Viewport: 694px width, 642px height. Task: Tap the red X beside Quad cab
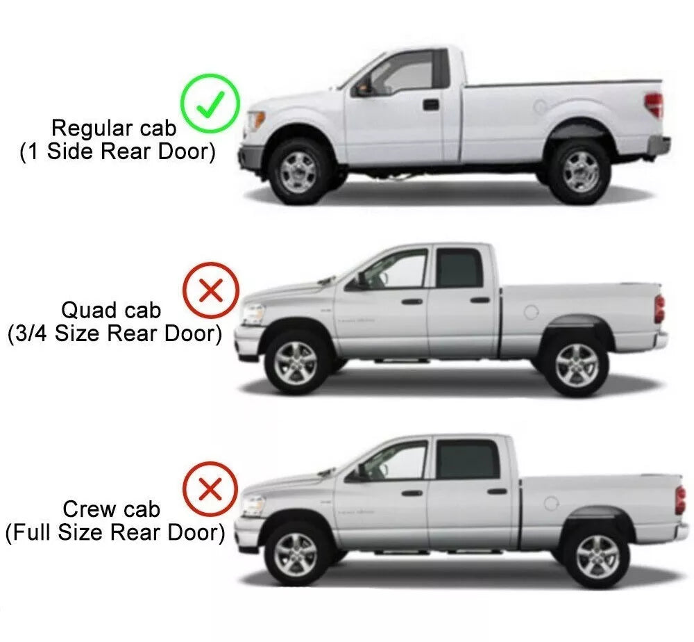pos(211,290)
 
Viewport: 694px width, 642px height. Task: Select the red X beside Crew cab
pos(211,488)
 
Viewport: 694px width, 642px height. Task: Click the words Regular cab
pos(114,128)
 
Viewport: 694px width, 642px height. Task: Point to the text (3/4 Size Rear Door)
pos(115,334)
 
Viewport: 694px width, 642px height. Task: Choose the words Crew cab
pos(111,509)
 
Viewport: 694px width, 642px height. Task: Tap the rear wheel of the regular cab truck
pos(579,172)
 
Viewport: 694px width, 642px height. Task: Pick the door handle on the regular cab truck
pos(431,105)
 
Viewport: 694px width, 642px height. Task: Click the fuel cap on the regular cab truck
pos(541,106)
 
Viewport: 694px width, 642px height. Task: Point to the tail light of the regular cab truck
pos(654,105)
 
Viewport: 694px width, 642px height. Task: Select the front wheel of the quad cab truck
pos(295,363)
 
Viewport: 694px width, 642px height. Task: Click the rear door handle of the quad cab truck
pos(480,300)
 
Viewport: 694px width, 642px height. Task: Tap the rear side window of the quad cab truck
pos(459,268)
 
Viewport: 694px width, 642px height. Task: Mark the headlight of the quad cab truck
pos(253,313)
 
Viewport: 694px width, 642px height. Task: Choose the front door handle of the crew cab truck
pos(412,492)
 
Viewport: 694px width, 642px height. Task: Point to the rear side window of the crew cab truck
pos(467,459)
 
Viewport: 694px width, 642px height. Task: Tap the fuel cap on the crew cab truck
pos(551,503)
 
